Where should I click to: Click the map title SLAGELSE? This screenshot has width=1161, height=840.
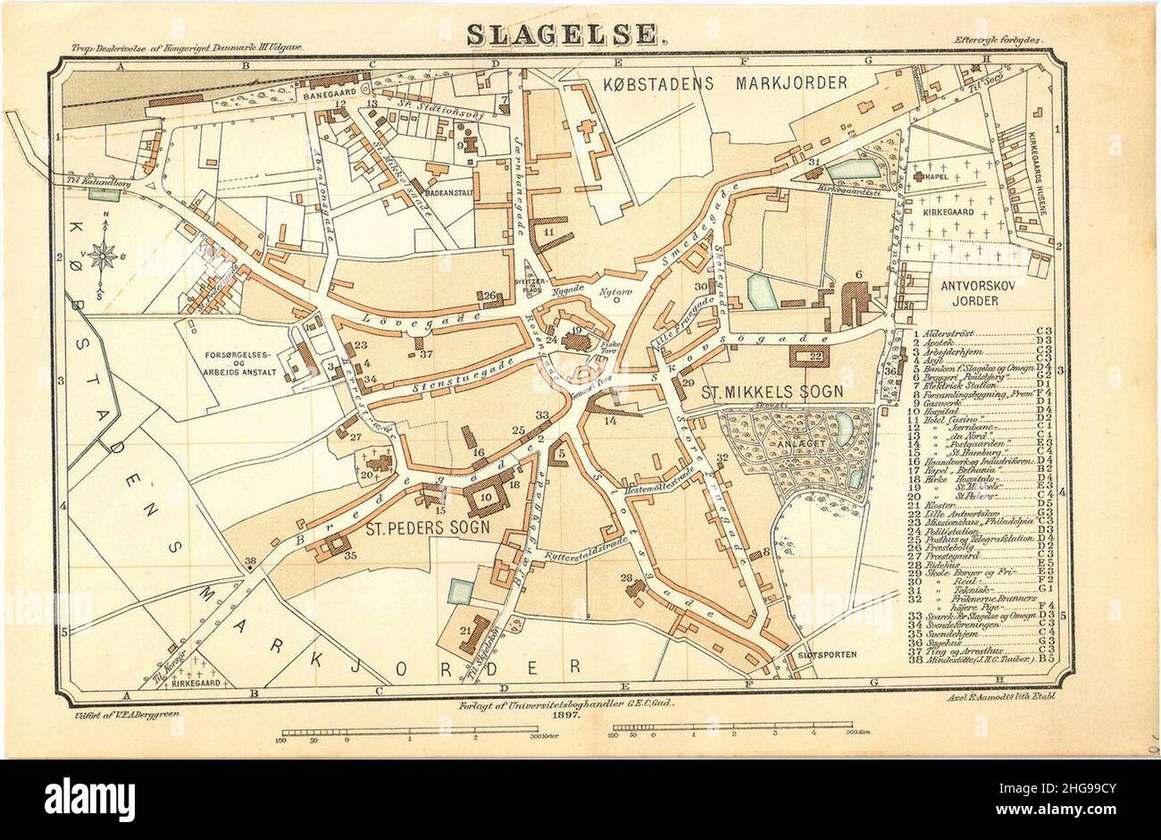click(565, 34)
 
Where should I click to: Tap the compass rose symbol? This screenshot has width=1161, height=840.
click(102, 256)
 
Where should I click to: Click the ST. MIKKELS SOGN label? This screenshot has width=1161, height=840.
click(773, 391)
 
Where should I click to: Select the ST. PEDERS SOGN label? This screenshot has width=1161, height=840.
click(428, 527)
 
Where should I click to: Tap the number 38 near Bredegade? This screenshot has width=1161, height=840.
click(250, 562)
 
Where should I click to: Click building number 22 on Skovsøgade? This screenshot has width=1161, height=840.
click(814, 357)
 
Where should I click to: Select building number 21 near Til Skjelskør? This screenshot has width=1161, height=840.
click(465, 631)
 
